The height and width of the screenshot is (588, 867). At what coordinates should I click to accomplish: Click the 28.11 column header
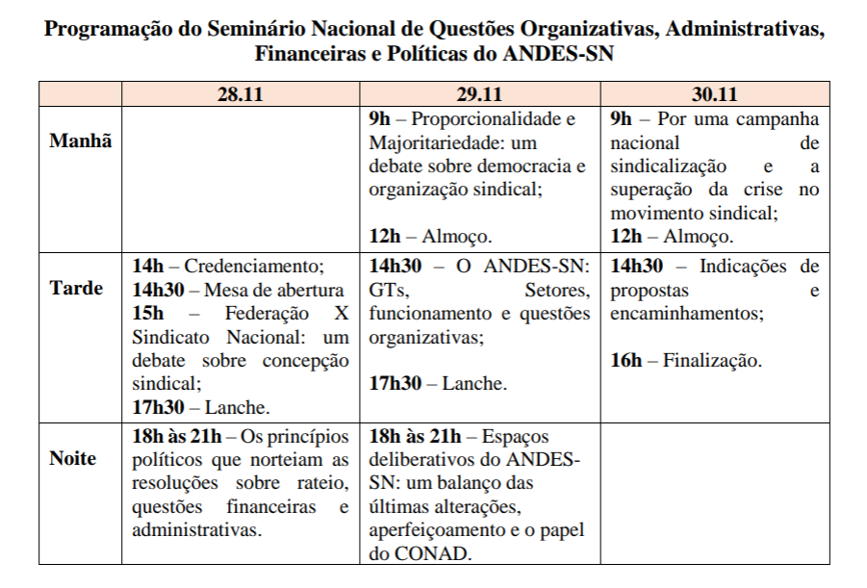coord(240,94)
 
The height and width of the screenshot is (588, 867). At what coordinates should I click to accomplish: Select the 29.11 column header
coord(479,94)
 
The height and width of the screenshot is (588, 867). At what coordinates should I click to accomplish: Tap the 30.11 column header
coord(714,94)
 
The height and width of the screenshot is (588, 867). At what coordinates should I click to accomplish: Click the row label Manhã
coord(80,141)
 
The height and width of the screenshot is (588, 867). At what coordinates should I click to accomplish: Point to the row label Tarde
coord(76,288)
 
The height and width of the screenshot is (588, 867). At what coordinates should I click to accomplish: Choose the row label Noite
coord(73,458)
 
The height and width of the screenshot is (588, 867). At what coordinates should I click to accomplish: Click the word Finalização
coord(713,361)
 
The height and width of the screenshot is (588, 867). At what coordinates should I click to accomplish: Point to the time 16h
coord(626,361)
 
